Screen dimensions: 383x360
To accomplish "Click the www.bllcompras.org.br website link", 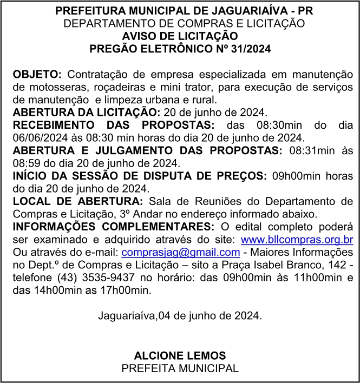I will tap(297, 239).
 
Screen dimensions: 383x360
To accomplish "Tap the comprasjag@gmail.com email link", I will tap(181, 252).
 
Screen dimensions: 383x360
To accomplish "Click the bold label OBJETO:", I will tap(37, 74).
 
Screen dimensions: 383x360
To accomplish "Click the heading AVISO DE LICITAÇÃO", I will tap(180, 36).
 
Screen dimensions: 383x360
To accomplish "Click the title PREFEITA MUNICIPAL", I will tap(180, 368).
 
